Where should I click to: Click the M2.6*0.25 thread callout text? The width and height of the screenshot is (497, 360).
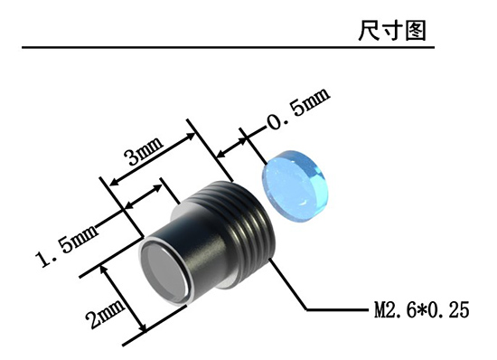(422, 310)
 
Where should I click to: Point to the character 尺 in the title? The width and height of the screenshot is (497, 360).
(370, 31)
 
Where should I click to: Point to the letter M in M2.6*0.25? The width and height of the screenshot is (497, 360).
(380, 310)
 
